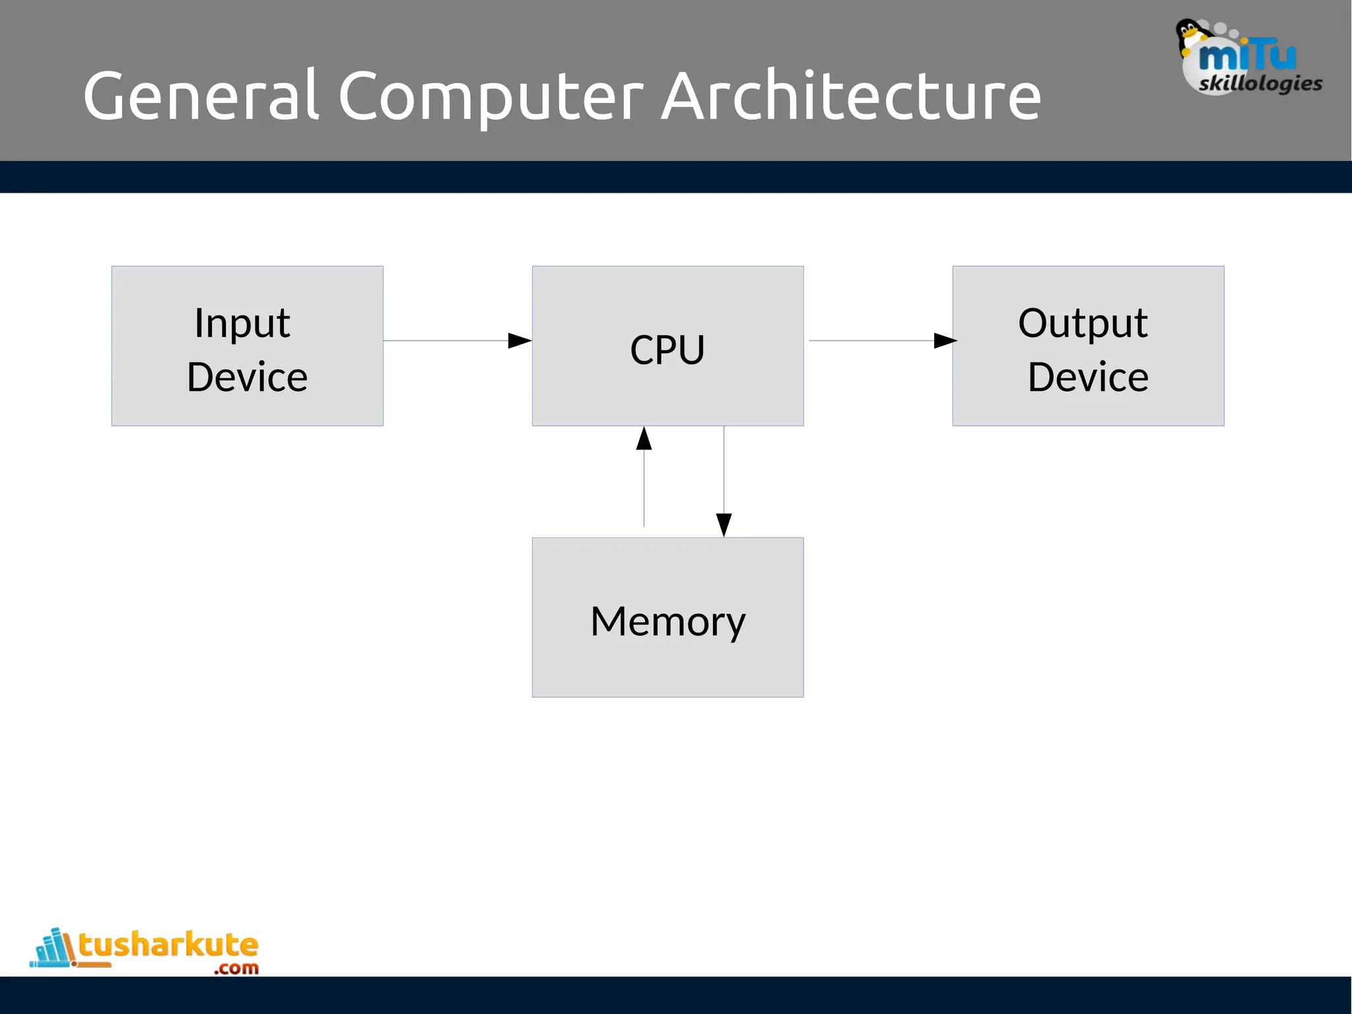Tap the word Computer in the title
pos(490,97)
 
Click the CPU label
pos(667,349)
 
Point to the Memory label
pos(667,621)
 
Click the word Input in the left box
pos(242,323)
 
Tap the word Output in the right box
pos(1083,323)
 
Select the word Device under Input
pos(247,377)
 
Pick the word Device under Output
pos(1088,377)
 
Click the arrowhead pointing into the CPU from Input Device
pos(520,341)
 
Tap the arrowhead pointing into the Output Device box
pos(945,341)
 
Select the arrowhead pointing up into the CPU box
pos(644,438)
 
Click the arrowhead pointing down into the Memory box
pos(724,525)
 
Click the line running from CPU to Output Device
pos(871,341)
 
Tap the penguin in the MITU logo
pos(1190,36)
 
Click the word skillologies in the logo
pos(1260,83)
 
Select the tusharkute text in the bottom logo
pos(168,945)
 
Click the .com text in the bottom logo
pos(236,968)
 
